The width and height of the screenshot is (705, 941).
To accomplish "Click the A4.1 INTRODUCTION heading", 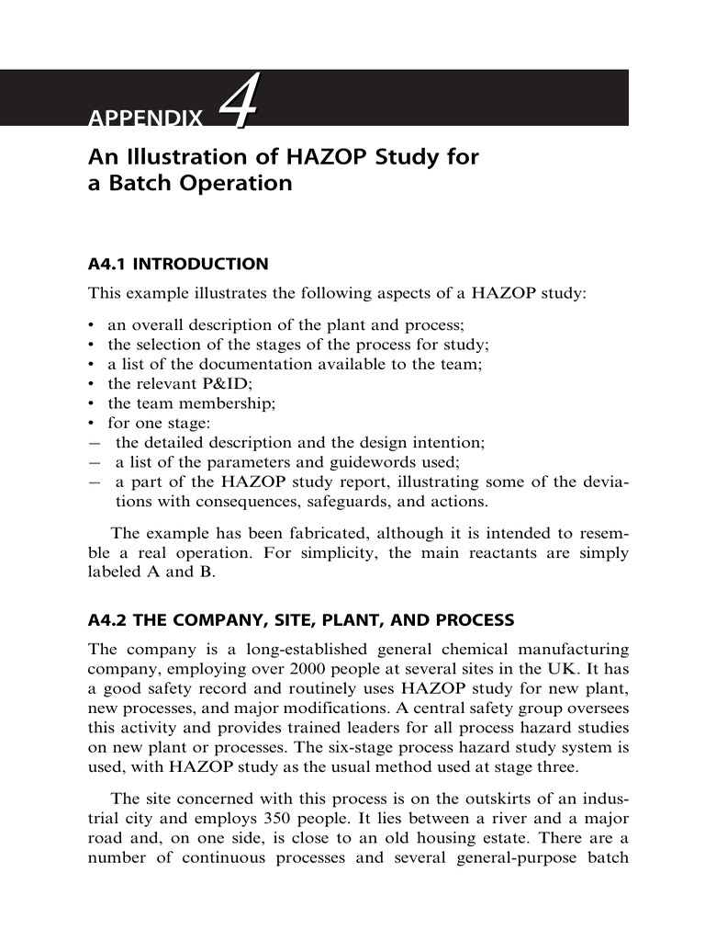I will click(x=178, y=265).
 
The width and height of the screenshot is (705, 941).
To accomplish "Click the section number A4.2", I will click(x=109, y=620).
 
